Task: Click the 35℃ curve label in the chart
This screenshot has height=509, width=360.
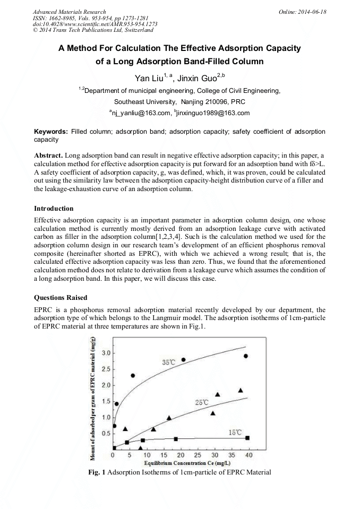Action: point(169,362)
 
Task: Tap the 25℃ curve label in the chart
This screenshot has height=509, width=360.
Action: point(202,403)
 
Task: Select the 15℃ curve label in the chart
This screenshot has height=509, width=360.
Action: point(235,433)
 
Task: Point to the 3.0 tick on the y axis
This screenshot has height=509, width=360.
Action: point(106,353)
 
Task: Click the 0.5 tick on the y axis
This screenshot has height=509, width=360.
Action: point(106,433)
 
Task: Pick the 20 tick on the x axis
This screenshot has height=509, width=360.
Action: point(181,455)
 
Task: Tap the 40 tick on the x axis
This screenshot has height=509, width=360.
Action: point(248,455)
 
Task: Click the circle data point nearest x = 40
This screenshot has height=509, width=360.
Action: point(245,356)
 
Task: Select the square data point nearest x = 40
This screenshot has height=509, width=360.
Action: point(247,438)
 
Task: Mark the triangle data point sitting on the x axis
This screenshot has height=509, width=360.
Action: point(140,448)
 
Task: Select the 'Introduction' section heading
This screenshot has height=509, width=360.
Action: point(54,208)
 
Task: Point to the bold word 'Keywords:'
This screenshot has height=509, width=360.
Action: point(51,131)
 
